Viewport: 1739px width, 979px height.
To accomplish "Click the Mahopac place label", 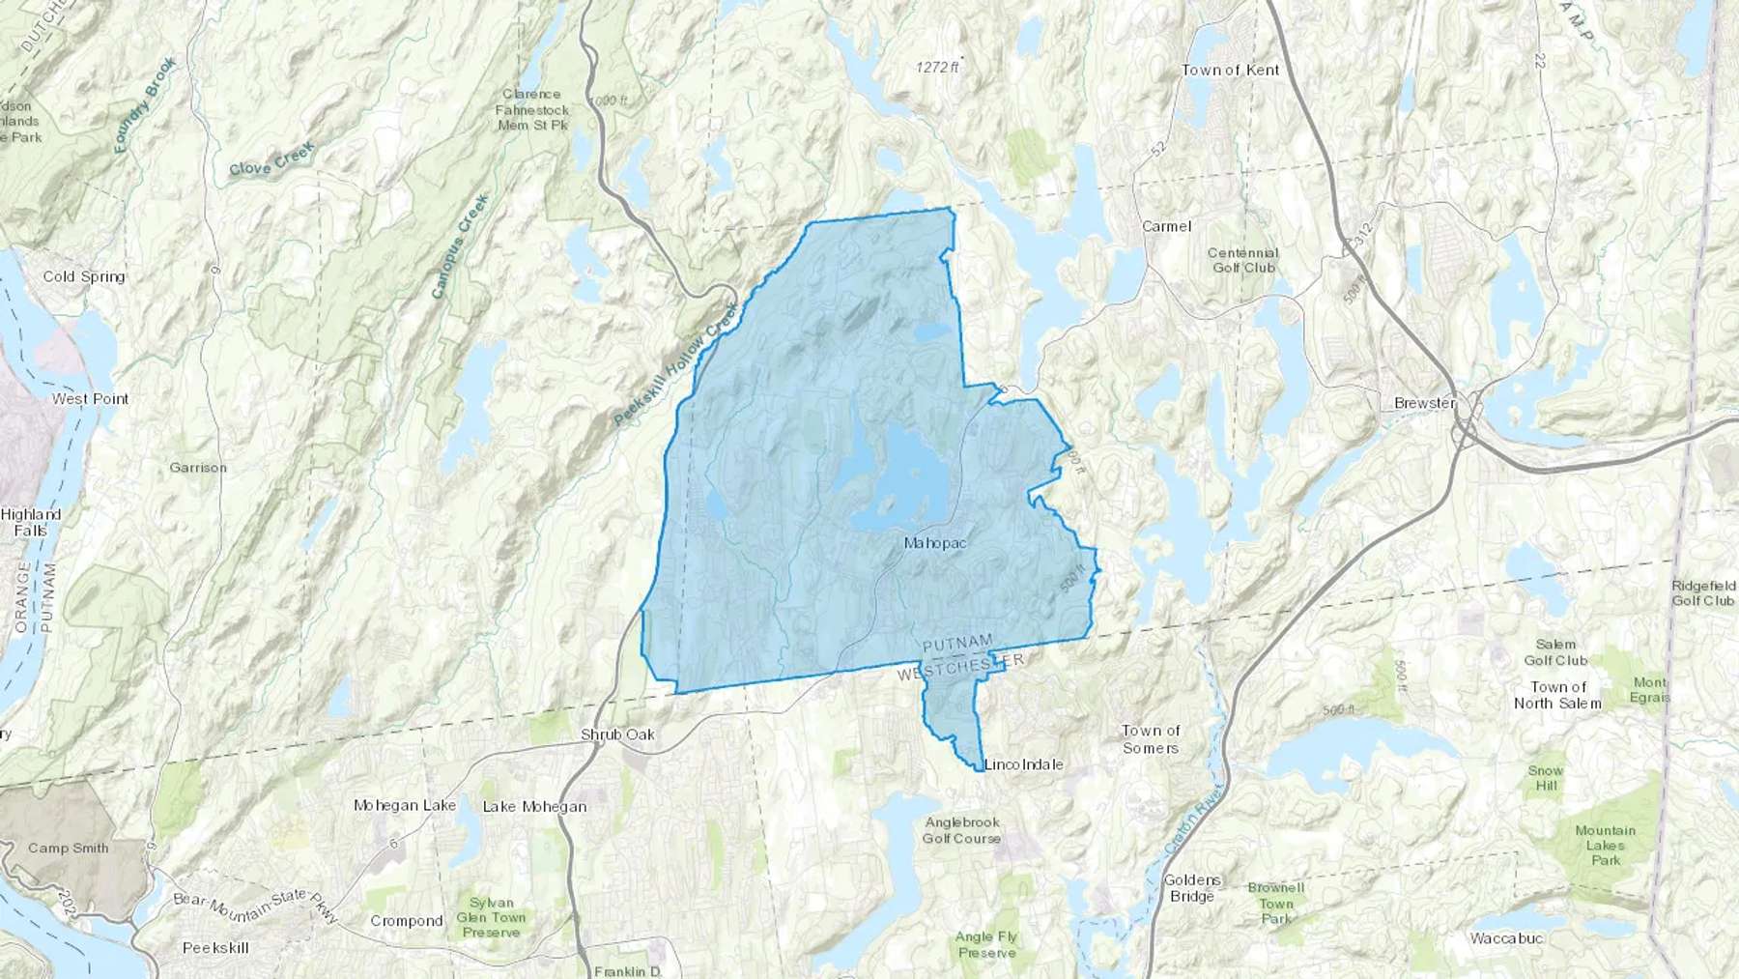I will coord(934,543).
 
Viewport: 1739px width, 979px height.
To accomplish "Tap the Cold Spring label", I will coord(84,276).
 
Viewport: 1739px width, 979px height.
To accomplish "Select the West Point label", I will coord(90,398).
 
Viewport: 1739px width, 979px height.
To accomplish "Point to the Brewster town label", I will coord(1424,403).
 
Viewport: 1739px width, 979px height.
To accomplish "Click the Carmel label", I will coord(1166,226).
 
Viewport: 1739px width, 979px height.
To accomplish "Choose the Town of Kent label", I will coord(1230,70).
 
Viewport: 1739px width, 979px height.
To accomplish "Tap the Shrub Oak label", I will coord(617,734).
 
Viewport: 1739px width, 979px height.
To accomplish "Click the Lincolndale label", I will coord(1023,764).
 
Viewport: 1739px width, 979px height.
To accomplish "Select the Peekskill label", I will coord(215,948).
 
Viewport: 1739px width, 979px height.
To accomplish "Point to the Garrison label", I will coord(198,468).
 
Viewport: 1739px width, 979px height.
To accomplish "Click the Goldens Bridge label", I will coord(1192,888).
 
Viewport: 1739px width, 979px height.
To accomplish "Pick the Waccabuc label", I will coord(1506,938).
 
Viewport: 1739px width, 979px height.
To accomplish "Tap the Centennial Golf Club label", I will coord(1242,260).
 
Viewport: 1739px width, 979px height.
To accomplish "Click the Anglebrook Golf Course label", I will coord(961,830).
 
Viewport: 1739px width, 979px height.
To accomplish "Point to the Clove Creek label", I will coord(271,158).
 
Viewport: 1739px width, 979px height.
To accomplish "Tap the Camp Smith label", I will coord(68,849).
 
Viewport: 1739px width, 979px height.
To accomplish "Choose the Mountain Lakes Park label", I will coord(1605,845).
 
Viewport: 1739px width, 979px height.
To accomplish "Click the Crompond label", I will coord(406,921).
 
